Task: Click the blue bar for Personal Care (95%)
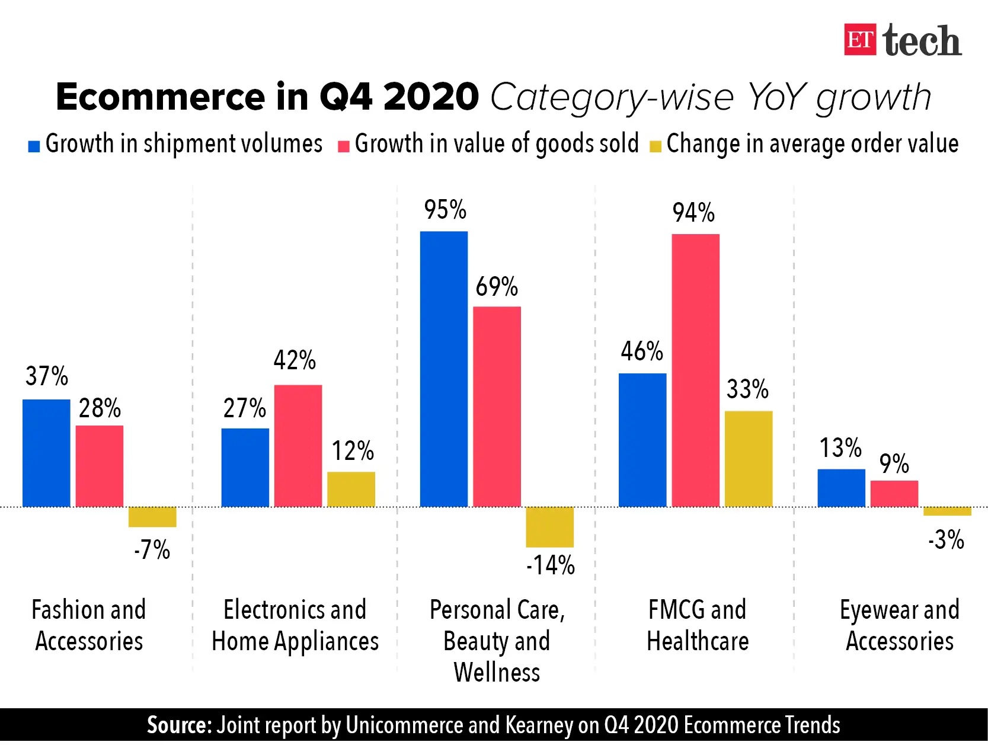tap(443, 369)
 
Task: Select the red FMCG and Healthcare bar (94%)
tap(695, 370)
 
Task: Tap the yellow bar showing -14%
tap(549, 527)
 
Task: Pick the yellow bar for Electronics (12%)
tap(351, 489)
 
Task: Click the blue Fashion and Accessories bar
tap(46, 453)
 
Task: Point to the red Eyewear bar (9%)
tap(894, 494)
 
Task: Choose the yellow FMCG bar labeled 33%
tap(749, 459)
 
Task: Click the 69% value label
tap(497, 287)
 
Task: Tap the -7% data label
tap(152, 550)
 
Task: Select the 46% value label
tap(642, 351)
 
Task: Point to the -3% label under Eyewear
tap(946, 540)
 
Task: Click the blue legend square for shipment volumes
tap(34, 146)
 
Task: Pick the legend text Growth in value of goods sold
tap(497, 144)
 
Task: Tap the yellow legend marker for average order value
tap(655, 146)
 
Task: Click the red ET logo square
tap(859, 40)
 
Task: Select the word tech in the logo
tap(922, 41)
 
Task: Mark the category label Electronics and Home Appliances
tap(295, 625)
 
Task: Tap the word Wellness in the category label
tap(497, 673)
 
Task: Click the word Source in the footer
tap(178, 725)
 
